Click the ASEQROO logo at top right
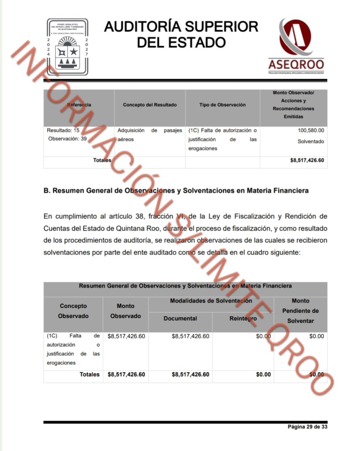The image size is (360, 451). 296,46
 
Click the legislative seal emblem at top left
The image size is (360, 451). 67,47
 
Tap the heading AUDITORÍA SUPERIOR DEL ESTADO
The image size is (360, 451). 181,34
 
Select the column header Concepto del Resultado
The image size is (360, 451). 150,105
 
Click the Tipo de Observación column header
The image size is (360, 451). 223,105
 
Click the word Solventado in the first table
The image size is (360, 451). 311,141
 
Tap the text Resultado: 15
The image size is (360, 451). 63,130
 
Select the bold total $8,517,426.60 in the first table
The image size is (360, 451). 304,160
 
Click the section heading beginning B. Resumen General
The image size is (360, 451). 176,191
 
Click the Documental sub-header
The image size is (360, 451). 180,318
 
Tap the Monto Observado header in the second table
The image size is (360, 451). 126,311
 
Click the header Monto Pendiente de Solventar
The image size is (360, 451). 300,311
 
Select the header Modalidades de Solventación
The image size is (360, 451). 211,301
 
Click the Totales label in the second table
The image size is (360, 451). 89,374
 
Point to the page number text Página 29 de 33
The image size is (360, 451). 307,427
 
